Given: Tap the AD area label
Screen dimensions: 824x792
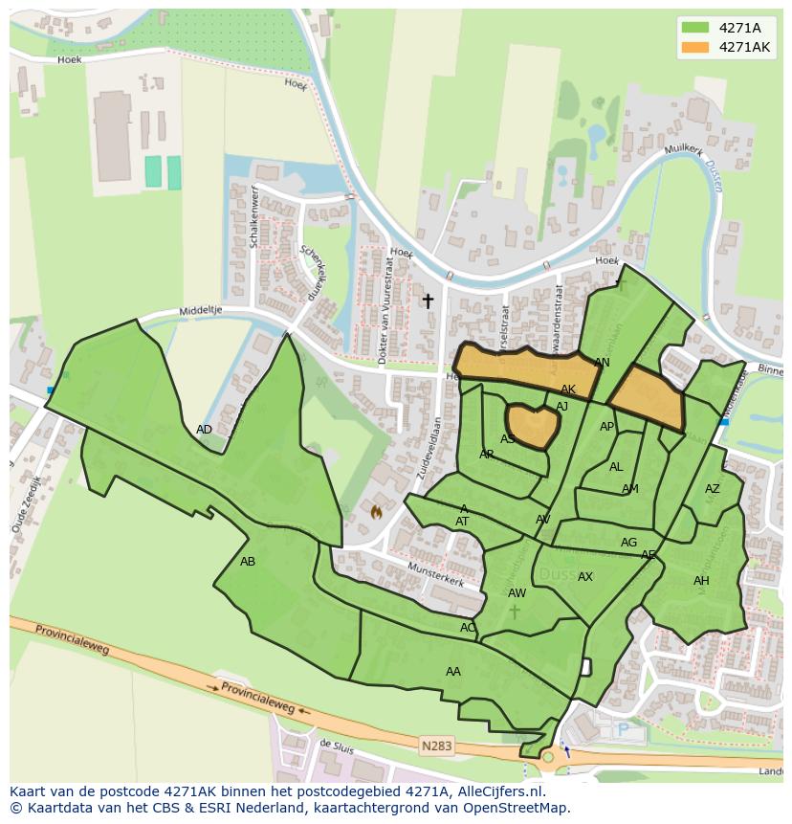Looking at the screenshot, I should coord(204,430).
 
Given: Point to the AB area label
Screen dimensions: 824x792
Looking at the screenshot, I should coord(248,562).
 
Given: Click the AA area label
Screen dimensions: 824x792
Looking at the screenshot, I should coord(453,672).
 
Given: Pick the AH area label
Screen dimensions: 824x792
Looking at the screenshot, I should coord(701,581).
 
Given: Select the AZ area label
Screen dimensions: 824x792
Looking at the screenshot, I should coord(712,489).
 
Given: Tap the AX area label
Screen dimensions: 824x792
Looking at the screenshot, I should coord(585,577).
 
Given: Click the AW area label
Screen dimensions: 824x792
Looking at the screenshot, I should coord(517,593).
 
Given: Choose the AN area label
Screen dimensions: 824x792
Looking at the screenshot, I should coord(602,363).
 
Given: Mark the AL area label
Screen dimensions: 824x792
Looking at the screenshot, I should coord(616,467).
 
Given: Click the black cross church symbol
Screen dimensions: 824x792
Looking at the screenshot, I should coord(428,301).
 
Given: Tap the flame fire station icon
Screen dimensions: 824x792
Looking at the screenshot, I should coord(377,512).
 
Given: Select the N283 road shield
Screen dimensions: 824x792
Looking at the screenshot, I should coord(433,744).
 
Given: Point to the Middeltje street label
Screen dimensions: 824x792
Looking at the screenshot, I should coord(200,312).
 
